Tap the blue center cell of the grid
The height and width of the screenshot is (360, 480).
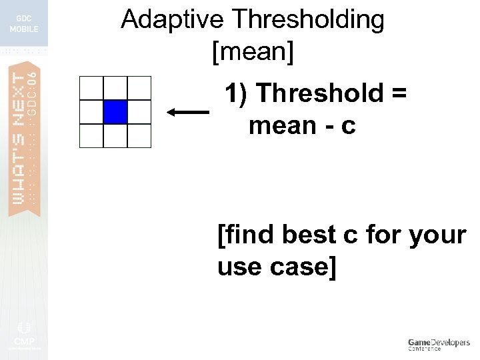point(115,111)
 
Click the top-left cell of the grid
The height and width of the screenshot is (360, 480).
point(91,88)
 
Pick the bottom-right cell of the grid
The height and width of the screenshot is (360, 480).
point(139,135)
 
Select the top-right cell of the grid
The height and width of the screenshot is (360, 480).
point(139,88)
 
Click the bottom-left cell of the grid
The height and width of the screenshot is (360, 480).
point(91,135)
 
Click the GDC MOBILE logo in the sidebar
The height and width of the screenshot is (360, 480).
point(24,25)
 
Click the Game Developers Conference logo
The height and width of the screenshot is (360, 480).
point(439,344)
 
